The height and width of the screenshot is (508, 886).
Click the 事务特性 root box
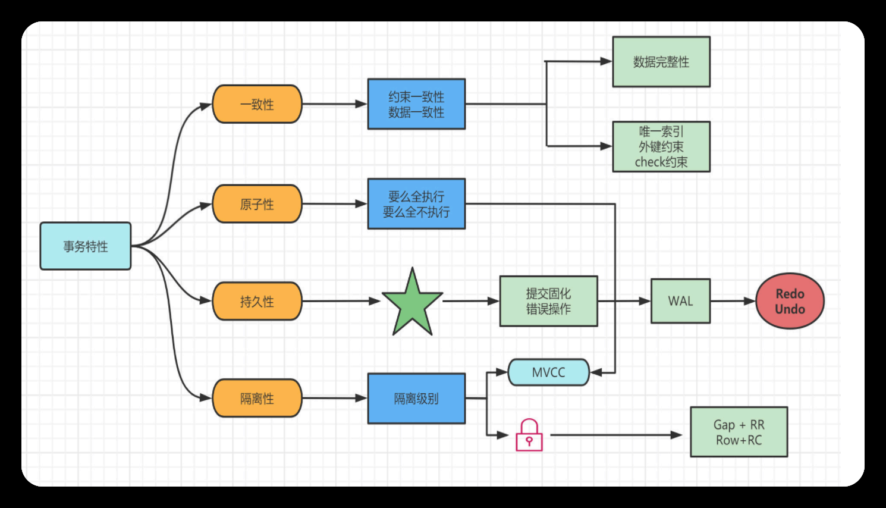tap(86, 246)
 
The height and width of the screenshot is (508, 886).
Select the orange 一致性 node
tap(257, 104)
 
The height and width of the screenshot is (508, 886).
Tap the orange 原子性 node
tap(257, 204)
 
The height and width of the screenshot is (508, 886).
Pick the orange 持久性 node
tap(257, 301)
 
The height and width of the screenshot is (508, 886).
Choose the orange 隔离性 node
tap(257, 398)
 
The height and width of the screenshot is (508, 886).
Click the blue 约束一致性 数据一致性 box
tap(416, 104)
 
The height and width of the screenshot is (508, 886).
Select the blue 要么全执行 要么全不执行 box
tap(416, 204)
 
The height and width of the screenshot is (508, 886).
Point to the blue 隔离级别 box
tap(416, 398)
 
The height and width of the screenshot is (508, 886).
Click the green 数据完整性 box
tap(661, 62)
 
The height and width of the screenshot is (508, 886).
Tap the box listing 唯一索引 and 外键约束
tap(661, 147)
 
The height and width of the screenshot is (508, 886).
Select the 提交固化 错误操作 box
tap(548, 301)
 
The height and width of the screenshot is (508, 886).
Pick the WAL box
tap(680, 301)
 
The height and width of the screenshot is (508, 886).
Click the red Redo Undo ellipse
tap(790, 301)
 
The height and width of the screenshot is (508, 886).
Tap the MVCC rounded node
tap(548, 372)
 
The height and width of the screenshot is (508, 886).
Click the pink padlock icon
tap(529, 436)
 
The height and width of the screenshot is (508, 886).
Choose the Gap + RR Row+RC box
tap(739, 432)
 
